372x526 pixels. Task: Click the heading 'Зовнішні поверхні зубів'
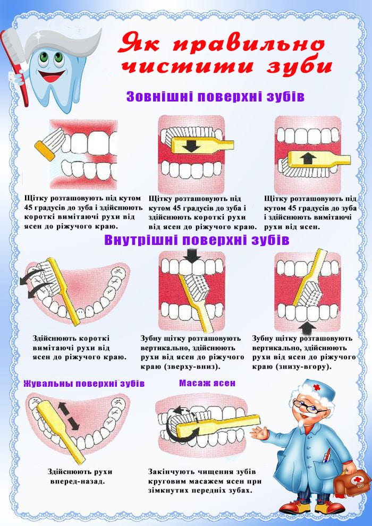coord(215,97)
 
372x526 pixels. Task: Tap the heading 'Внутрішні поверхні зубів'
coord(197,240)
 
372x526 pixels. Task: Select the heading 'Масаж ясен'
coord(207,383)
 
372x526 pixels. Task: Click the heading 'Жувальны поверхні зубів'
coord(84,384)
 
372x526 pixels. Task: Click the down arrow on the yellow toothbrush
coord(191,146)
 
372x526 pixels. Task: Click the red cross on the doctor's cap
coord(317,388)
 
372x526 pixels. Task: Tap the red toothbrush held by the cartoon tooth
coord(14,67)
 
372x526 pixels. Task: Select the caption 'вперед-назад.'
coord(78,481)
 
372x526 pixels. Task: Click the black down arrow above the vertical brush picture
coord(192,256)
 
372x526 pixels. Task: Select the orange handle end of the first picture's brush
coord(45,150)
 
